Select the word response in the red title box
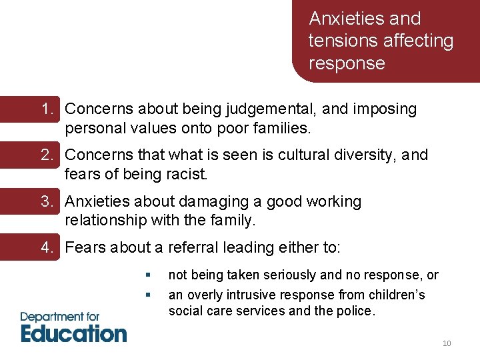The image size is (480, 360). click(x=347, y=64)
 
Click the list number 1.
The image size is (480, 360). click(x=47, y=109)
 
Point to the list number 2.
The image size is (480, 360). click(x=47, y=155)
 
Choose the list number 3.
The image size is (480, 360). click(x=47, y=201)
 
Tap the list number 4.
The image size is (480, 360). click(x=47, y=247)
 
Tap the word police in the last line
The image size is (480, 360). click(x=356, y=311)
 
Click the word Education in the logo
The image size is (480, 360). click(x=74, y=332)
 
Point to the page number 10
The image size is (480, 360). click(x=447, y=343)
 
